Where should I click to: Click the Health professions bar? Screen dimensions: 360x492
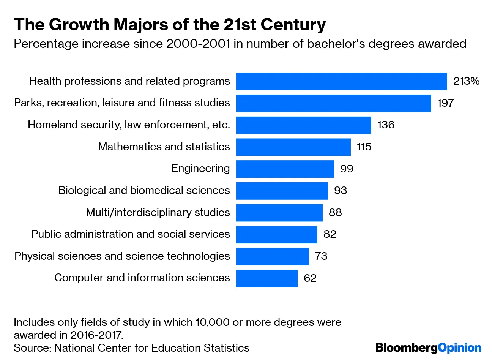341,81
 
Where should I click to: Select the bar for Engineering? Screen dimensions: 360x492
285,169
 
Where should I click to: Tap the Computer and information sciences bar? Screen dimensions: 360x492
266,278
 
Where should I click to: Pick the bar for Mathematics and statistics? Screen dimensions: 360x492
293,147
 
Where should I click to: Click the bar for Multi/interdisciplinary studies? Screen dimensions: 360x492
279,213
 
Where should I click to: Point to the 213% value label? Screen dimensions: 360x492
466,81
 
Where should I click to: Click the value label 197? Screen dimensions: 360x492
445,103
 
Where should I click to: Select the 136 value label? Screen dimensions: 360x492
386,125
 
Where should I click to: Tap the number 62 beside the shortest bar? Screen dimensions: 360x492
310,278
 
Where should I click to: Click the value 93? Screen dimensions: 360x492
341,191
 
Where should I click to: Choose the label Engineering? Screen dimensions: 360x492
200,169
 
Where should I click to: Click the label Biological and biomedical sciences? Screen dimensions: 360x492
144,191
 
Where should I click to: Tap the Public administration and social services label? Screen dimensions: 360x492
131,234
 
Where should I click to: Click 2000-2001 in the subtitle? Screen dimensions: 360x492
198,44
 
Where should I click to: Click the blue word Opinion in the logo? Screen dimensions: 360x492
459,348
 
